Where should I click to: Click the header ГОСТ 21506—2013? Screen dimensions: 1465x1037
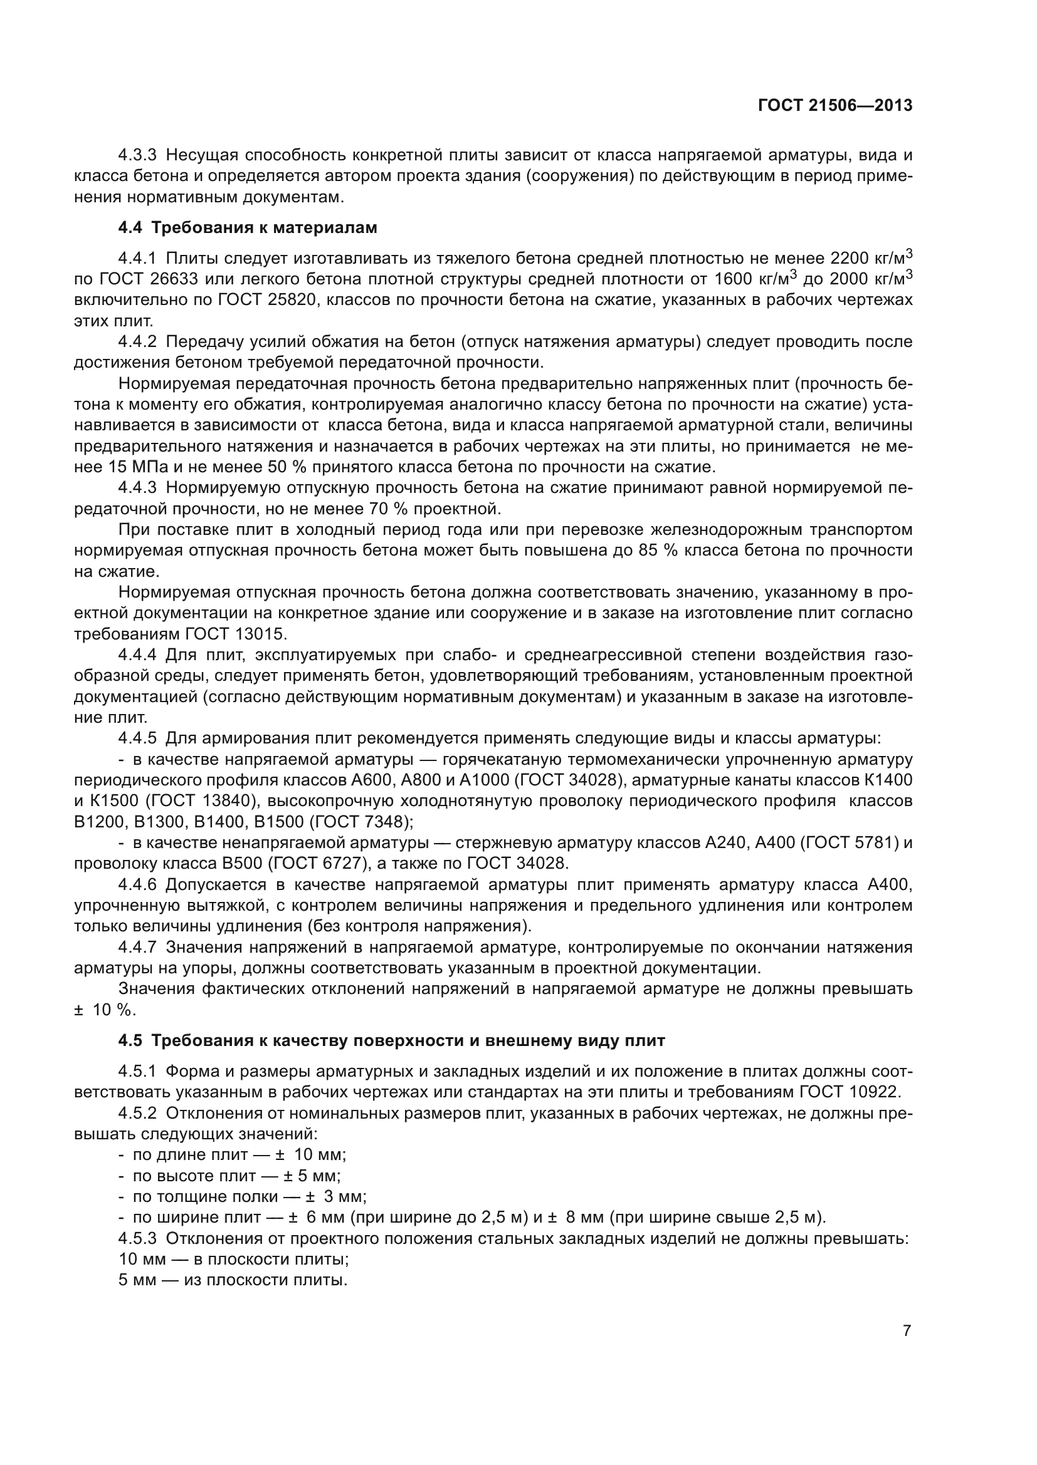pos(834,106)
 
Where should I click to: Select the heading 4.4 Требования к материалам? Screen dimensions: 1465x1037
pos(248,228)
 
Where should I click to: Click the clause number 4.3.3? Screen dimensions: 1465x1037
pos(137,155)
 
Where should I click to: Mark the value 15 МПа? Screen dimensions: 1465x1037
pos(128,467)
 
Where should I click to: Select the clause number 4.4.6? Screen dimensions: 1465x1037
pos(137,885)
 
